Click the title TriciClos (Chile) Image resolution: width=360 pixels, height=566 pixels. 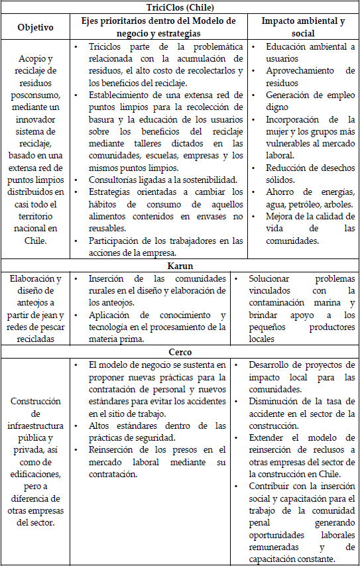(x=180, y=7)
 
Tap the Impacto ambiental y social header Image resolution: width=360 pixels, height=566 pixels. (x=303, y=28)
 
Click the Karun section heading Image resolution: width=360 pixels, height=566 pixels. (x=180, y=266)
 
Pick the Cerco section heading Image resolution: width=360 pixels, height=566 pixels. (x=180, y=352)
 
